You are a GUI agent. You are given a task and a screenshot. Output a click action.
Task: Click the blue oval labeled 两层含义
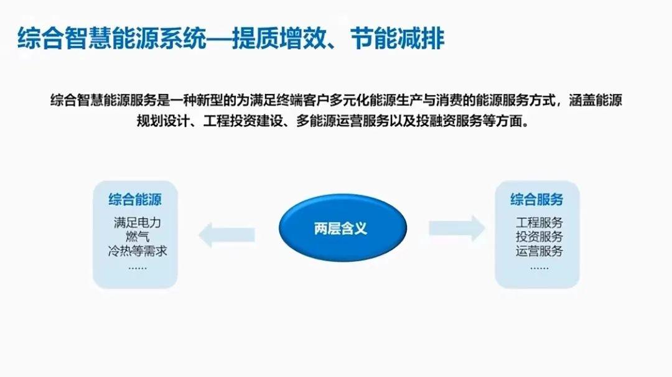point(342,228)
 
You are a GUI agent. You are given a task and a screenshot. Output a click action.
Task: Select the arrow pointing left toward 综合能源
point(226,235)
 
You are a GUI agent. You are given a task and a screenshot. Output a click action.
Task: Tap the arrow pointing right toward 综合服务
point(457,228)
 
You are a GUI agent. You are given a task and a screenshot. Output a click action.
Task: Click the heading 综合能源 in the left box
point(135,199)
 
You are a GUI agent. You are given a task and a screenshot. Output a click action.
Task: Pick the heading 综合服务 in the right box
point(536,199)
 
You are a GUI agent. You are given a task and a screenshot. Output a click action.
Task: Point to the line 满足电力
point(137,222)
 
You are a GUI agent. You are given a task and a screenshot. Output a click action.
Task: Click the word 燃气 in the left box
point(137,236)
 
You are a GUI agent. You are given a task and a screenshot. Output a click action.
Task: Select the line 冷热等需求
point(137,251)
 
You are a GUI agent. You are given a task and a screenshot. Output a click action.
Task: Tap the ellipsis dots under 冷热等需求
point(137,268)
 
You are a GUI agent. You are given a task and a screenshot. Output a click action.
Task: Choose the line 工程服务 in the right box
point(539,222)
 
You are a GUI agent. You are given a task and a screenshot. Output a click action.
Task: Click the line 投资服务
point(539,236)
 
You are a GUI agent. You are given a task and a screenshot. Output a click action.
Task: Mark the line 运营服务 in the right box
point(539,251)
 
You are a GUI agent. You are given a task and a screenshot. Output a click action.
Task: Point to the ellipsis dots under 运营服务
point(539,268)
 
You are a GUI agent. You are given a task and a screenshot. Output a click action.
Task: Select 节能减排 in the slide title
point(397,39)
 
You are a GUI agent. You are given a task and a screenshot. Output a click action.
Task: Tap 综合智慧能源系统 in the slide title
point(112,39)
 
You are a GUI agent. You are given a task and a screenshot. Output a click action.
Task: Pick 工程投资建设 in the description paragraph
point(243,121)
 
